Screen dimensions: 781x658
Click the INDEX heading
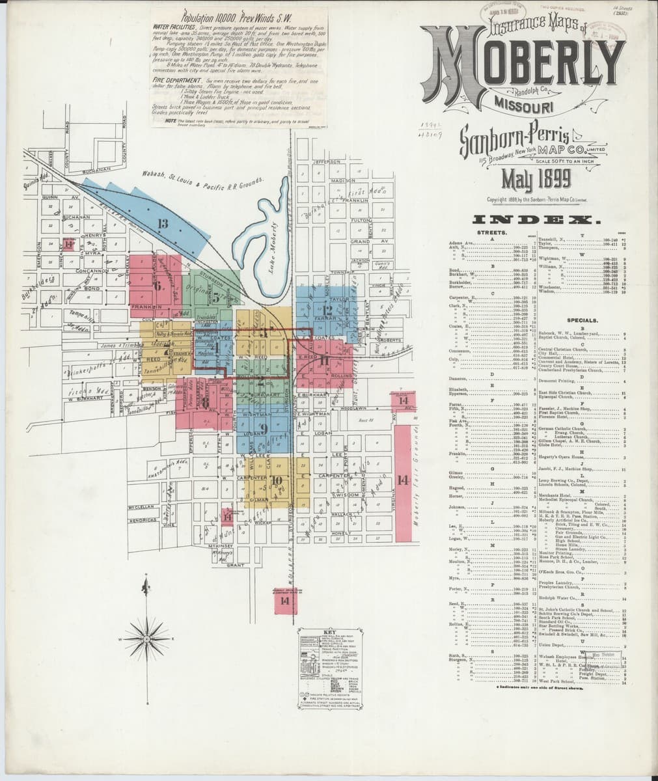[x=532, y=220]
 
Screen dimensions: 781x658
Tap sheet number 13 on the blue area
[x=163, y=224]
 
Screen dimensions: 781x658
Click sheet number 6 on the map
[x=158, y=284]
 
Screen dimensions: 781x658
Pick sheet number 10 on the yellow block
[x=277, y=481]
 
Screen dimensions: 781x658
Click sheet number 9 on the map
[x=264, y=428]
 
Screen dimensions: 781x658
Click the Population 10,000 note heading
[x=219, y=19]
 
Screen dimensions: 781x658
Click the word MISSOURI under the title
[x=523, y=104]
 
